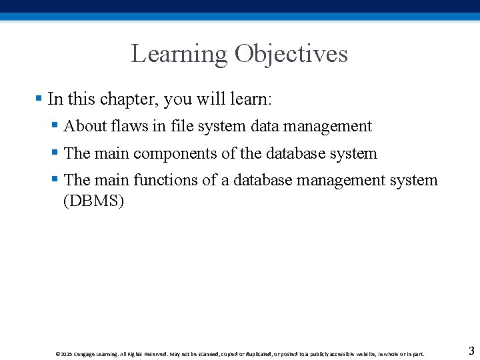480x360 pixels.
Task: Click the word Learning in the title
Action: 179,54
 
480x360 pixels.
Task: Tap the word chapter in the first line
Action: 128,99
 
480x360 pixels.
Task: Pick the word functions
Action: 167,180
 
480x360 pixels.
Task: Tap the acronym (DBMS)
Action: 93,201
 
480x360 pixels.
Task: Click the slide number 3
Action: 471,351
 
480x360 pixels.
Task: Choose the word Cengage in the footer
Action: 85,354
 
